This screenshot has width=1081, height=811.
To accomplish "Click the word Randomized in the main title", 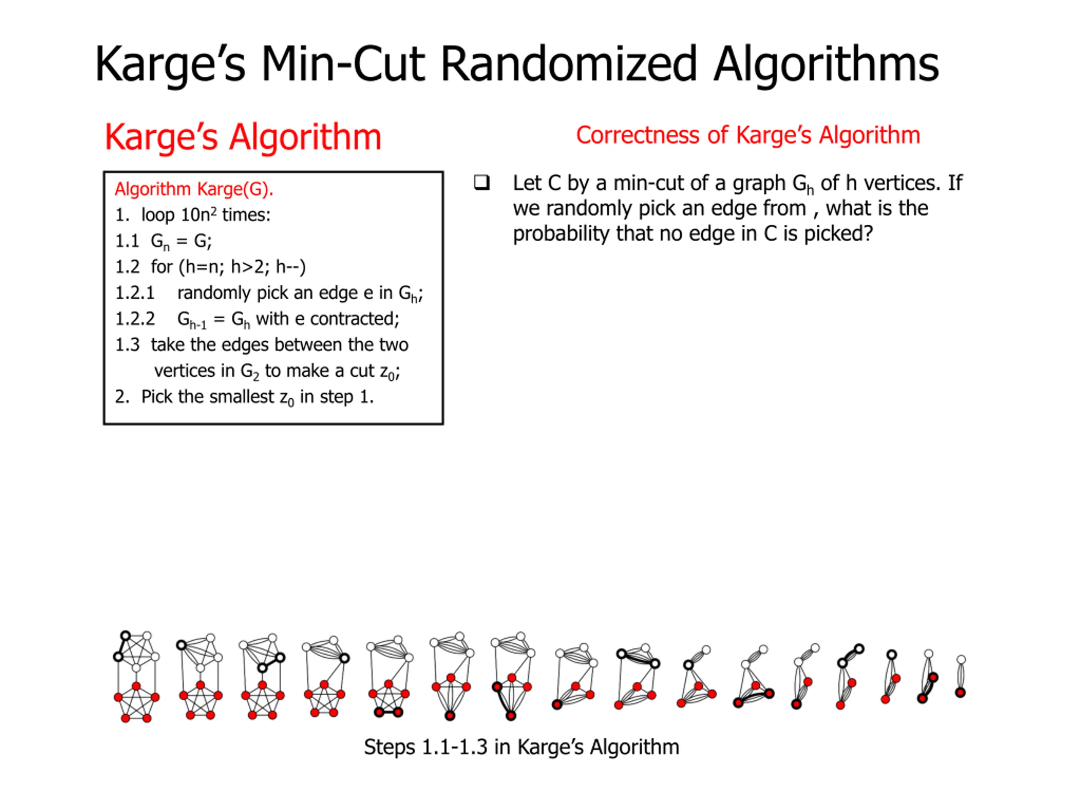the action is click(568, 64).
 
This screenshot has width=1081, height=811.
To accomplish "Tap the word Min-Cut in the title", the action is click(342, 64).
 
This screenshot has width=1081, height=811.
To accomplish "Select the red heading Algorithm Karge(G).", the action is click(193, 189).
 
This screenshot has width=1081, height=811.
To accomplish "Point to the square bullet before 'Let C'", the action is click(481, 183).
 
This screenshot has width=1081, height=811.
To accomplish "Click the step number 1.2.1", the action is click(134, 293).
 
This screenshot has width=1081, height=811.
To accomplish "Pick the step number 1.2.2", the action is click(134, 319).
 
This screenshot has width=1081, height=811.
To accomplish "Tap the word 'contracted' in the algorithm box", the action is click(354, 319).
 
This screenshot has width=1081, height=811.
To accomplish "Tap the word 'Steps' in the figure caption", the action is click(389, 747).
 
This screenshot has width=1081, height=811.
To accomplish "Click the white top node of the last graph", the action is click(961, 660).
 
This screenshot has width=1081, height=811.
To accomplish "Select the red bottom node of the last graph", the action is click(960, 693).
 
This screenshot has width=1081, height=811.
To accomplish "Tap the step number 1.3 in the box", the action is click(127, 345).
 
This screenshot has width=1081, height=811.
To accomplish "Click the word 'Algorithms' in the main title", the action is click(826, 64).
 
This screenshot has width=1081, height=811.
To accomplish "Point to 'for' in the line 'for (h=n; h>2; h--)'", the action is click(161, 267).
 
